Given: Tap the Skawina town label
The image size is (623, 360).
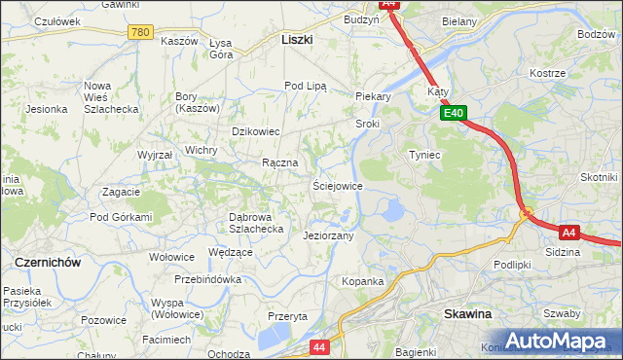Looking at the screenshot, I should (467, 314).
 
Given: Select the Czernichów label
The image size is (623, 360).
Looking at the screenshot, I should (47, 263).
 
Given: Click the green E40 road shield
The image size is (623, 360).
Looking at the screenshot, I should (453, 114).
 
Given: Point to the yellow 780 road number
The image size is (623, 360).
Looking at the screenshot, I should (140, 33).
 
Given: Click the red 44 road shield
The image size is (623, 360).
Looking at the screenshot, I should (320, 346).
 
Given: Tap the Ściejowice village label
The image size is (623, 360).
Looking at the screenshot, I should (337, 185).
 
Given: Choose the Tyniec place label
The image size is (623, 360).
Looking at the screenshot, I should (424, 155).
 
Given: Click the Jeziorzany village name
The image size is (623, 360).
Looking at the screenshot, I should (328, 235).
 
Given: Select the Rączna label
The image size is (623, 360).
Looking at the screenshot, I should (279, 162).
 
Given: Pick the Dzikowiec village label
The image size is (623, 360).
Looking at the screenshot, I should (255, 131).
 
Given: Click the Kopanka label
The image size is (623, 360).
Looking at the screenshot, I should (362, 281).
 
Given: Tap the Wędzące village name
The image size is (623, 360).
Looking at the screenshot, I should (231, 252).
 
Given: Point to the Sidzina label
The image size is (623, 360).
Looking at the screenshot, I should (563, 252).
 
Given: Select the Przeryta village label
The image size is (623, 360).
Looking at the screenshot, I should (287, 316).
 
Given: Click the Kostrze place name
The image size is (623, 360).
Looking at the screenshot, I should (547, 74).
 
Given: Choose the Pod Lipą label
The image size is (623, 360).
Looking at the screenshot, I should (305, 86).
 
